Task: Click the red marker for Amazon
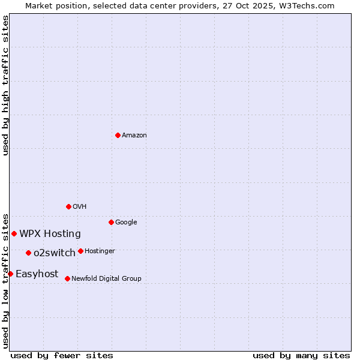118,135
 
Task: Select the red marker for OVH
68,206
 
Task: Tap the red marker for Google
111,222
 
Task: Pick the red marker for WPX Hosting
14,233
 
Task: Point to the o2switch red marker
28,253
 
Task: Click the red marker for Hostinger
80,251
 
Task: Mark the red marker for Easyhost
10,274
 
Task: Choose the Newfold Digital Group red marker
67,278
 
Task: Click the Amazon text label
134,136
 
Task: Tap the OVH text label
80,207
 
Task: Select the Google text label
126,223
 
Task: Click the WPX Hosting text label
50,234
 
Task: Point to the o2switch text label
55,253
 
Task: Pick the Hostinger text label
100,251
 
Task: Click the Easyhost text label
37,274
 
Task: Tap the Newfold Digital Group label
106,279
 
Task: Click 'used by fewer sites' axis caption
62,355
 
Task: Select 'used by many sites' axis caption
301,355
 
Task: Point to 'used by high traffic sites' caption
5,85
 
